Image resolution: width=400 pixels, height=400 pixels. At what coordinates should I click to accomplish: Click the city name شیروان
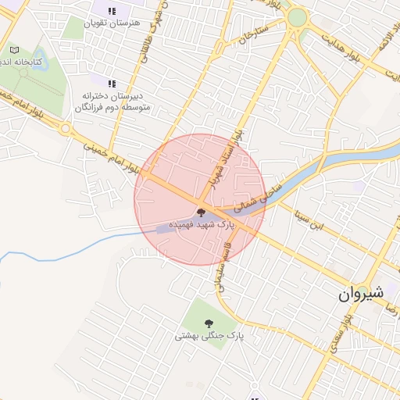(x=362, y=294)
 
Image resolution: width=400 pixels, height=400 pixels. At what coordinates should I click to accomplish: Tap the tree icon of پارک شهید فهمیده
(x=201, y=212)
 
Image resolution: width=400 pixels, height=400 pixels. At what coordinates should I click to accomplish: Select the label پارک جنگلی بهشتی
(x=209, y=336)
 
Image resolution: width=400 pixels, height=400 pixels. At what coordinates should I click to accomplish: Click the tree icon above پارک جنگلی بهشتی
(x=209, y=323)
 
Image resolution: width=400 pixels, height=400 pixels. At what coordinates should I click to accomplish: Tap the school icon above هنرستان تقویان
(x=112, y=11)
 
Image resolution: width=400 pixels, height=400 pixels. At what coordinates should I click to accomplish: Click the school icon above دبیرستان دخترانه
(x=112, y=83)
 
